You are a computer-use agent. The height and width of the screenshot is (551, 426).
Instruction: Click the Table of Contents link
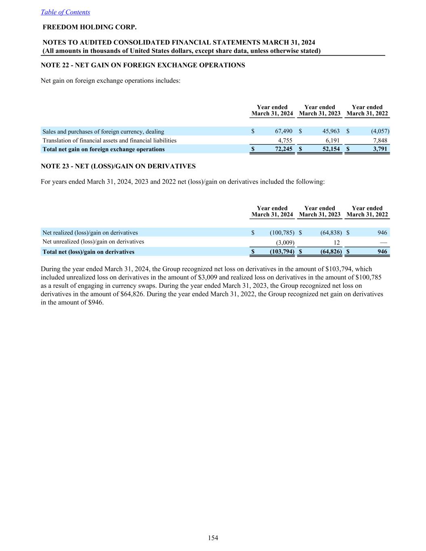pos(65,12)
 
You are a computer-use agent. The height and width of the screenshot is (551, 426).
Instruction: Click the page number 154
pos(213,538)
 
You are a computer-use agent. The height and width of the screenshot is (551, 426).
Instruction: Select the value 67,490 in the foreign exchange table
pos(283,132)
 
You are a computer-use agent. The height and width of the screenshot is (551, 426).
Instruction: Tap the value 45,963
pos(331,132)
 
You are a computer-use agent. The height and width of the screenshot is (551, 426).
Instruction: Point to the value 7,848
pos(380,140)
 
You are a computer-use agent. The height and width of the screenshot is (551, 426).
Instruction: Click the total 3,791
pos(380,149)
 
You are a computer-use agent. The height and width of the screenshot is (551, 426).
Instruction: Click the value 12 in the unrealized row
pos(336,243)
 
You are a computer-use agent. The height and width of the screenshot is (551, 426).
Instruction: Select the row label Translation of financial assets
pos(109,140)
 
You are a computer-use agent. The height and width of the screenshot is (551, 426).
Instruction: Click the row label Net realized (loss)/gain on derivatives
pos(90,233)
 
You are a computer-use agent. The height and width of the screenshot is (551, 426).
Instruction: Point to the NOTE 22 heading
pos(143,65)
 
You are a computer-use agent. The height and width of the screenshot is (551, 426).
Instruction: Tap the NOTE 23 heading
pos(118,166)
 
